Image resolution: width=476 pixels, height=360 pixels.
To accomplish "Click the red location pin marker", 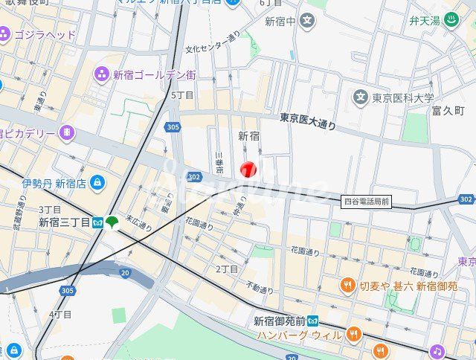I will coord(248,170).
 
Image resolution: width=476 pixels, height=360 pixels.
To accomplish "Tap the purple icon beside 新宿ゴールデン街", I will coord(102,74).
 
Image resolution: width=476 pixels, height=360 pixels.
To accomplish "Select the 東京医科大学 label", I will coord(403,97).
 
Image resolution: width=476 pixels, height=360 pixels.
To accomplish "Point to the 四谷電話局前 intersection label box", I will coord(367,201).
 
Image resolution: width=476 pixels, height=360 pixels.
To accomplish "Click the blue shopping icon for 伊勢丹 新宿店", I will coord(98,182).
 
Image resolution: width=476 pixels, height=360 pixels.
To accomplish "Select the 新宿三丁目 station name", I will coord(64,222).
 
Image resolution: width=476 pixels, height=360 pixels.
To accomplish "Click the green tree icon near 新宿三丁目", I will coord(112,222).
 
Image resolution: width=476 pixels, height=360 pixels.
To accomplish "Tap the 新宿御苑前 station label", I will coord(280,321).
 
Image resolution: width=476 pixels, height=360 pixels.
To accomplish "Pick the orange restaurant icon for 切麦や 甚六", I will coord(347,286).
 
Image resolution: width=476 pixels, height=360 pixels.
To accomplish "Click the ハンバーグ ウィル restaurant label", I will coord(300,335).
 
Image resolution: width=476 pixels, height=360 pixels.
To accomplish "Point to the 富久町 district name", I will coord(448,111).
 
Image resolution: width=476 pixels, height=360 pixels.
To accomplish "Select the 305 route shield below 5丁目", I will coord(173,127).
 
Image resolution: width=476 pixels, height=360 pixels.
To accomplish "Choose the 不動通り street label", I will coord(260,288).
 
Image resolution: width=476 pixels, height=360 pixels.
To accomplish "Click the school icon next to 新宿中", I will coord(307,20).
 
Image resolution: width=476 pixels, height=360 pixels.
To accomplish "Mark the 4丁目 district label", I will coord(60,315).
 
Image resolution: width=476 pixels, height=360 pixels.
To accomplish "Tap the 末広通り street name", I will coord(138,222).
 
